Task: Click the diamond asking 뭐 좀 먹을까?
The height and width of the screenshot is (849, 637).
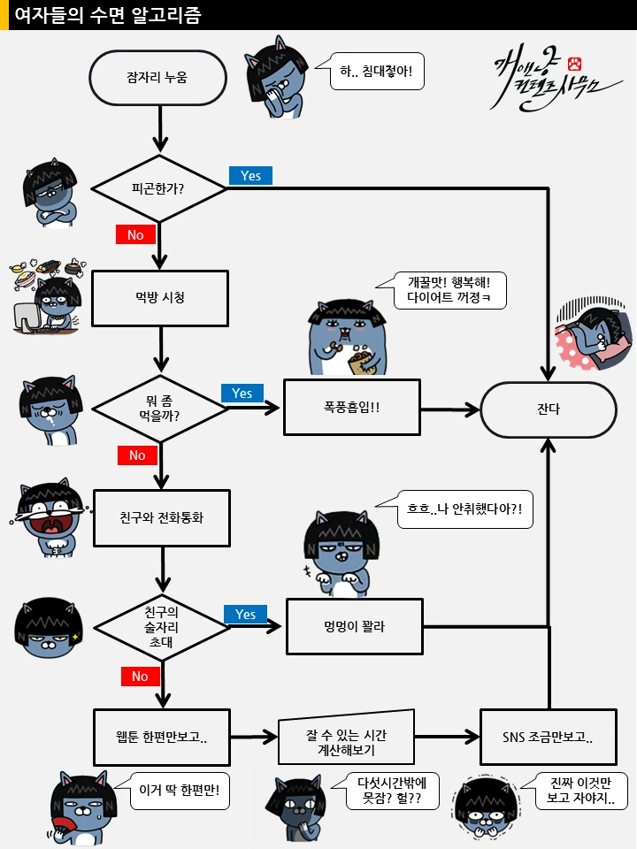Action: pos(160,408)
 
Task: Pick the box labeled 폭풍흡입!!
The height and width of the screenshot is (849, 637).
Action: pos(352,408)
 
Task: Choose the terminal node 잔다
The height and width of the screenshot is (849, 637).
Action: pos(548,409)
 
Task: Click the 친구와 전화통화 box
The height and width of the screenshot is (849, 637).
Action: pos(161,517)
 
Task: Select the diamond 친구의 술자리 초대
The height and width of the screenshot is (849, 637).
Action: pos(160,626)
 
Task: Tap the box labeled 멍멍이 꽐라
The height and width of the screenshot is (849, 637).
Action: pos(354,626)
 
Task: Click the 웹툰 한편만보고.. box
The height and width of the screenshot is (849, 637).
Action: pos(161,737)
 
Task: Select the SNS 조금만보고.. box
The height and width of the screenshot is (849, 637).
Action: pos(548,737)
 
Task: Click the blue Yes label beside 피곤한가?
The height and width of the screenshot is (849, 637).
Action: pos(250,175)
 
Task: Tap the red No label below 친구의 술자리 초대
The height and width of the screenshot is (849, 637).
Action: pos(140,676)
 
